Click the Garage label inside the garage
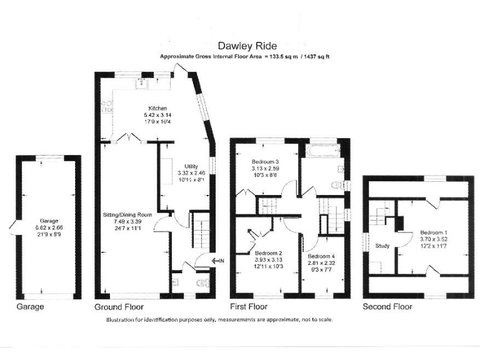49,221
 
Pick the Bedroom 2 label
269,253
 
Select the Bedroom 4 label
319,256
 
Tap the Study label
382,246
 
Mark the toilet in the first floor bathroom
338,184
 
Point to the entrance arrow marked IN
218,261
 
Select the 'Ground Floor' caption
119,307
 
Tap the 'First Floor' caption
248,307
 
